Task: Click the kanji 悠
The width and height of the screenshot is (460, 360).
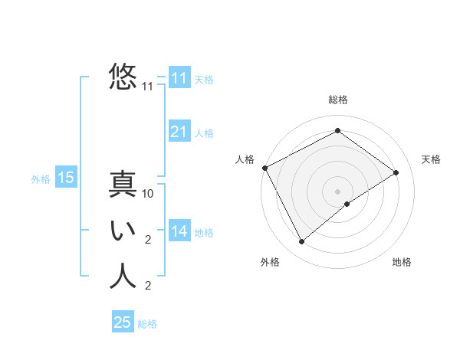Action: click(123, 77)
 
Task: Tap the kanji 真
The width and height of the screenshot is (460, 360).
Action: click(123, 185)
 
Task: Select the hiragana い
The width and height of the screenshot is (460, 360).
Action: click(123, 231)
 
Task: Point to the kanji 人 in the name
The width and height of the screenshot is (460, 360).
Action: click(123, 277)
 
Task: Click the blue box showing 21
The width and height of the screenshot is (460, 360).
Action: click(179, 132)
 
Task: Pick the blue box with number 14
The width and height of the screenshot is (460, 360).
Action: click(179, 231)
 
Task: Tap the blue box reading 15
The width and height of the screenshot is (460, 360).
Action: click(65, 178)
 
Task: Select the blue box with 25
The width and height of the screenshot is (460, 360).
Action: click(123, 322)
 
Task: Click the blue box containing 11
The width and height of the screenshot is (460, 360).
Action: click(179, 78)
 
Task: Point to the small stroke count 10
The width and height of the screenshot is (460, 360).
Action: click(149, 194)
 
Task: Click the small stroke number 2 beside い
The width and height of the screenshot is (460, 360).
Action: click(148, 240)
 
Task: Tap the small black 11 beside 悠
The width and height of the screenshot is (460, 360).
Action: click(148, 87)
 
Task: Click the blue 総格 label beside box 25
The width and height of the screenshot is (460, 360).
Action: click(147, 324)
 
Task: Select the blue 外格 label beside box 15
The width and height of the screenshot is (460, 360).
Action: click(41, 179)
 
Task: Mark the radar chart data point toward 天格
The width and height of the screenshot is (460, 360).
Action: click(396, 172)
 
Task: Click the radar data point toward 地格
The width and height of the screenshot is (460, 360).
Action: click(347, 204)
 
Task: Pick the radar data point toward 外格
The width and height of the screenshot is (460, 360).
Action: click(302, 242)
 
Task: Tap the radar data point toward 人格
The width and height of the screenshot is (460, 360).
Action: click(264, 168)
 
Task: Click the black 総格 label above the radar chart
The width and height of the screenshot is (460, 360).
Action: click(337, 100)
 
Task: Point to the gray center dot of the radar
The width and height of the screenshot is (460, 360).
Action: click(337, 191)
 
